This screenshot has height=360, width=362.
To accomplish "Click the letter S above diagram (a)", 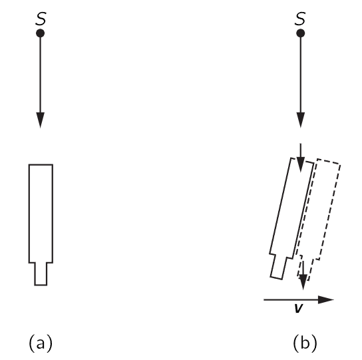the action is [x=41, y=19].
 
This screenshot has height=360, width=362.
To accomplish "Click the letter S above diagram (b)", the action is [x=300, y=19].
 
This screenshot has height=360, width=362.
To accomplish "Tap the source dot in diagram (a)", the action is [x=40, y=33].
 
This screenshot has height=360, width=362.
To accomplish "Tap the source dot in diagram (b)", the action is [x=300, y=33].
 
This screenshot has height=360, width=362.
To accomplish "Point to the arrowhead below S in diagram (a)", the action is [x=41, y=120].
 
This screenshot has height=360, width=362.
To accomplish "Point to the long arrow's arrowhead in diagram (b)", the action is [x=300, y=120].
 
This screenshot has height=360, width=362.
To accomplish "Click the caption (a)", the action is [x=41, y=343].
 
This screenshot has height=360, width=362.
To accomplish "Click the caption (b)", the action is [x=305, y=343].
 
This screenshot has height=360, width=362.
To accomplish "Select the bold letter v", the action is [x=299, y=308].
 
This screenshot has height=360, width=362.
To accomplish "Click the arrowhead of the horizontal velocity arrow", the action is [x=326, y=299].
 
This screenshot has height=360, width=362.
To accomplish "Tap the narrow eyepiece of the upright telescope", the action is [x=41, y=274].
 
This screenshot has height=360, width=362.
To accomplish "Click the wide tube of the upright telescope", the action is [x=41, y=214].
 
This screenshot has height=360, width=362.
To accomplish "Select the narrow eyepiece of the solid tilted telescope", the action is [x=279, y=267].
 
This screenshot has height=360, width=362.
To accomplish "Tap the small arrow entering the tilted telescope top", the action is [x=300, y=158].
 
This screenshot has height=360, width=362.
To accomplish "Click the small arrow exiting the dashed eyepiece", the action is [x=303, y=275].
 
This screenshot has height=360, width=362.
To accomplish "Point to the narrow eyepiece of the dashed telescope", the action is [x=305, y=268].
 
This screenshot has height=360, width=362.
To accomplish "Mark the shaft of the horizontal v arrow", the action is [x=291, y=299].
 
